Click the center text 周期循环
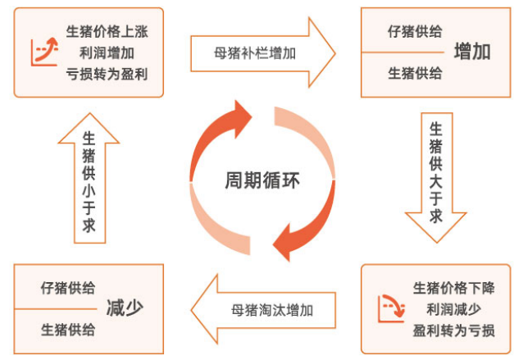(261, 180)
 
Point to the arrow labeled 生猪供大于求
(436, 176)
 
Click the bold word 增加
(473, 52)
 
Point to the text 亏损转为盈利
(107, 73)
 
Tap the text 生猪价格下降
(454, 288)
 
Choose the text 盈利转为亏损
(454, 330)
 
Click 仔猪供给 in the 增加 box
(415, 32)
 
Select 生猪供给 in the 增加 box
(415, 73)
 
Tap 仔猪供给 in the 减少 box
(68, 288)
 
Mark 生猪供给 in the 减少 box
(68, 329)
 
